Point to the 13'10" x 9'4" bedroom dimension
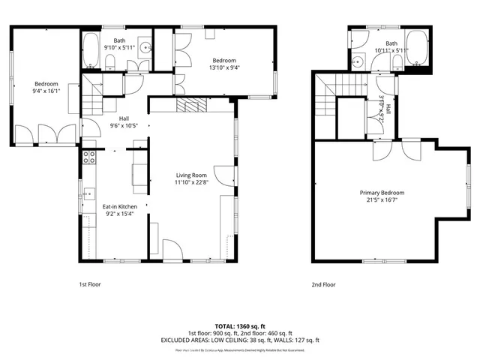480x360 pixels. click(x=224, y=67)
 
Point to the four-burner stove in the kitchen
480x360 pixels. click(x=88, y=157)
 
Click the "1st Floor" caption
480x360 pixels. click(x=89, y=284)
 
